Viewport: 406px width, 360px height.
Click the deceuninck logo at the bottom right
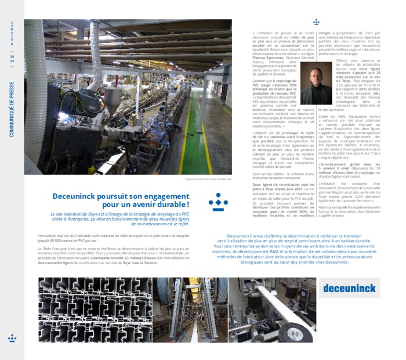pyautogui.click(x=349, y=287)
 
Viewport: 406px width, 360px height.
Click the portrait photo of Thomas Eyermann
pyautogui.click(x=317, y=84)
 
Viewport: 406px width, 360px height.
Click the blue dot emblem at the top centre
pyautogui.click(x=316, y=22)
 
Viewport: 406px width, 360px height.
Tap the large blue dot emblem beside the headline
pyautogui.click(x=218, y=201)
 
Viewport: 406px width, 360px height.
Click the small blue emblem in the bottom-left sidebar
pyautogui.click(x=12, y=337)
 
